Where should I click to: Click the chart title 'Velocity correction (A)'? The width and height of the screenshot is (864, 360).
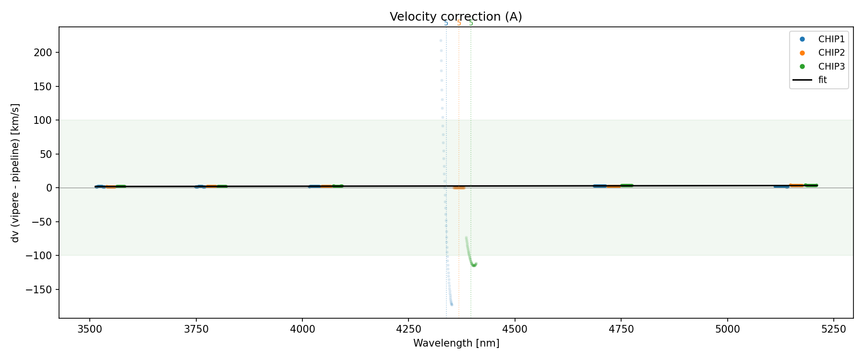[x=456, y=17]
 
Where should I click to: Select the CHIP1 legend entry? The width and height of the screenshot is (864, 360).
[x=831, y=39]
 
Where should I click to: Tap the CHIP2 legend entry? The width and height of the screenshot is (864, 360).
[x=831, y=53]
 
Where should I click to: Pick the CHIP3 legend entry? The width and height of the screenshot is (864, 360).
[x=831, y=66]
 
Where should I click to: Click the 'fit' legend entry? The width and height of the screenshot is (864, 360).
[x=823, y=80]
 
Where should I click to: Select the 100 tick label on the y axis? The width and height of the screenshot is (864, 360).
[x=45, y=120]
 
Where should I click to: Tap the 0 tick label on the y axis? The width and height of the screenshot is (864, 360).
[x=49, y=188]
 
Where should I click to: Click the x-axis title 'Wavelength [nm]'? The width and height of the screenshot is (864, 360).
[x=456, y=343]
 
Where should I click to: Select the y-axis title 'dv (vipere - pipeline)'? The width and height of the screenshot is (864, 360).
[x=15, y=173]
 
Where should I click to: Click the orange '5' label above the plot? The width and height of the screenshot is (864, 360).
[x=459, y=23]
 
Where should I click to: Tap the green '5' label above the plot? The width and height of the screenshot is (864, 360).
[x=471, y=23]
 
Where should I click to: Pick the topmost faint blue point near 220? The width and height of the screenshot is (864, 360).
[x=441, y=40]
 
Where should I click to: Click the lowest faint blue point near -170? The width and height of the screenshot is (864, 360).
[x=452, y=304]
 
